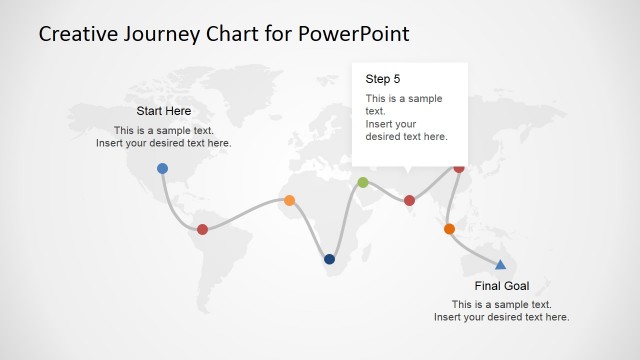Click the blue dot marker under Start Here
pos(162,168)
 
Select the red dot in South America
pos(202,229)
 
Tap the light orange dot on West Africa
pos(289,200)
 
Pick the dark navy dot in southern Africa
pos(329,259)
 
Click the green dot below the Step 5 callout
pos(362,182)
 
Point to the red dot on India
pos(409,200)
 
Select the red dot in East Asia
pos(459,167)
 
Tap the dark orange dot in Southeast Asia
pos(449,229)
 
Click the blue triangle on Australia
pos(500,264)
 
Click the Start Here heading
pos(163,111)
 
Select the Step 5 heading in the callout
pos(382,78)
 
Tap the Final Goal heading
pos(501,286)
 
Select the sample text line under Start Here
pos(163,130)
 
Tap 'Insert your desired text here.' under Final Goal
pos(501,317)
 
